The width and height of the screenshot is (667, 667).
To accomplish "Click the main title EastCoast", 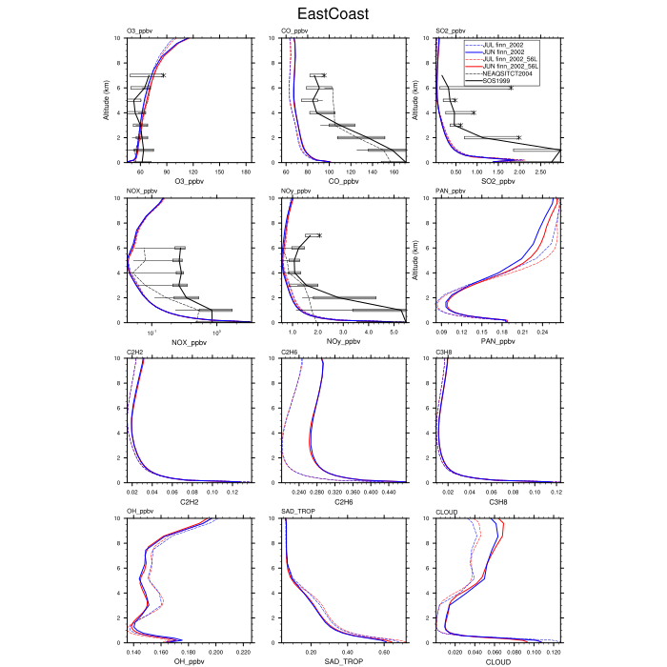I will click(333, 14).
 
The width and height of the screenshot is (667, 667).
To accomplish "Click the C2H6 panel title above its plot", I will click(292, 352).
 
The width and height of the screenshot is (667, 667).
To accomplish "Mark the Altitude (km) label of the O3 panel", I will click(106, 100).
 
